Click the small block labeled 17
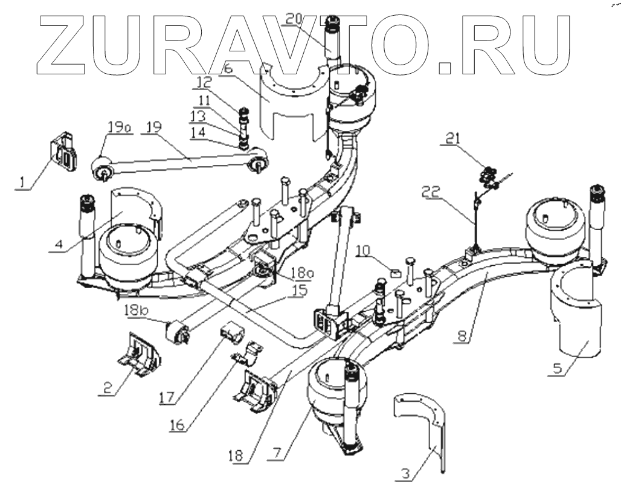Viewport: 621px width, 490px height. point(231,332)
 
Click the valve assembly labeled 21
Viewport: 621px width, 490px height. point(488,178)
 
